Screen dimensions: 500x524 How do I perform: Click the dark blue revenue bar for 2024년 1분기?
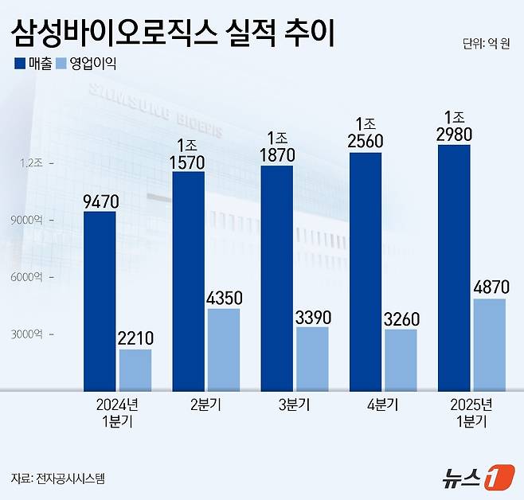click(100, 300)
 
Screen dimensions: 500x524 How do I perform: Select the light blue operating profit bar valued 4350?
click(224, 349)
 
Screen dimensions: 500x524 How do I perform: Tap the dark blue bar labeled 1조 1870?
click(276, 278)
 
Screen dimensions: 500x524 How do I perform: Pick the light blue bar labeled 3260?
click(401, 359)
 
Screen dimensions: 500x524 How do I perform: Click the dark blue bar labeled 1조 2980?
click(454, 268)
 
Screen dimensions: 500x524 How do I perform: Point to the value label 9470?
click(100, 198)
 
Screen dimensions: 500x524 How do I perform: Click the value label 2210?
click(135, 337)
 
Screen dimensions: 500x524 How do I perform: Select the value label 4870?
click(490, 286)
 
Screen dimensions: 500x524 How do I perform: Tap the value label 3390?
click(312, 315)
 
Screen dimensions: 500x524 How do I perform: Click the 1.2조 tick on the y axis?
click(33, 162)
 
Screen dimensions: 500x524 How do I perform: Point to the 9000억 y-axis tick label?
click(31, 220)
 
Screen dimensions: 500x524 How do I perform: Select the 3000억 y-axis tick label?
click(31, 334)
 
